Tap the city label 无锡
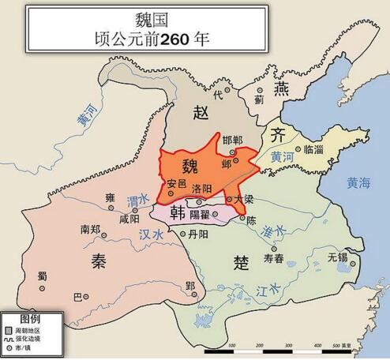[x=337, y=257]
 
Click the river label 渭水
[x=139, y=201]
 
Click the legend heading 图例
[x=30, y=317]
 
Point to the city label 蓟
[x=260, y=100]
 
